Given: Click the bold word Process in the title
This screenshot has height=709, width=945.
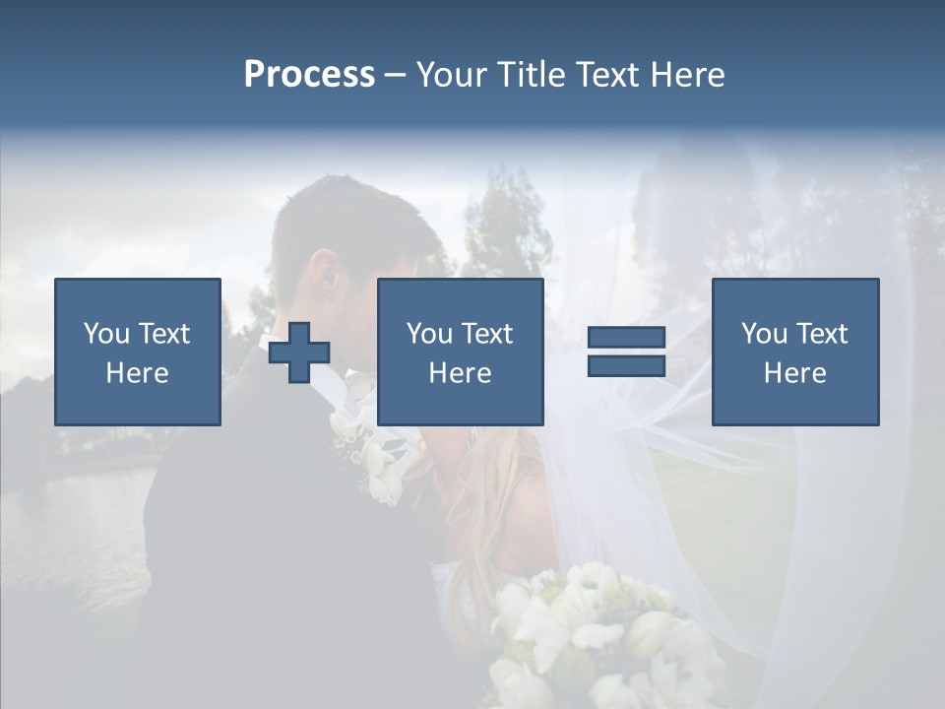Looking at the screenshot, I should [309, 75].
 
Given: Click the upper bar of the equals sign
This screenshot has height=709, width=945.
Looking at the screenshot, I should [626, 338].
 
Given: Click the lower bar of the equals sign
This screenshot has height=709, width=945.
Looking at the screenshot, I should [626, 365].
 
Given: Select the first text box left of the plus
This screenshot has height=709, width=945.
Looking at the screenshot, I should [138, 352].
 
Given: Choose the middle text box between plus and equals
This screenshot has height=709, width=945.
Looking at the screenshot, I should [461, 352].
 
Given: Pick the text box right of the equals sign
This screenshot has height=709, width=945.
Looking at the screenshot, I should [795, 352].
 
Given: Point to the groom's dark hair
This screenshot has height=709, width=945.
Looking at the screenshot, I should [354, 217].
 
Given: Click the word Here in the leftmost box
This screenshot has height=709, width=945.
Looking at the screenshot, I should [138, 373].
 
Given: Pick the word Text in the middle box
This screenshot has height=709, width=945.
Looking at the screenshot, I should [487, 334].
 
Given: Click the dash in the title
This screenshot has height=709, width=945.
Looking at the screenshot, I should [396, 75].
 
